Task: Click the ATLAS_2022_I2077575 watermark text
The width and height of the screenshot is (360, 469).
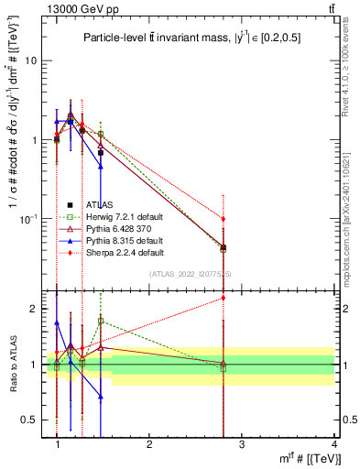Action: tap(191, 274)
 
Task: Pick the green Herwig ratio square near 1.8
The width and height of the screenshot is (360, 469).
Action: tap(101, 321)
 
